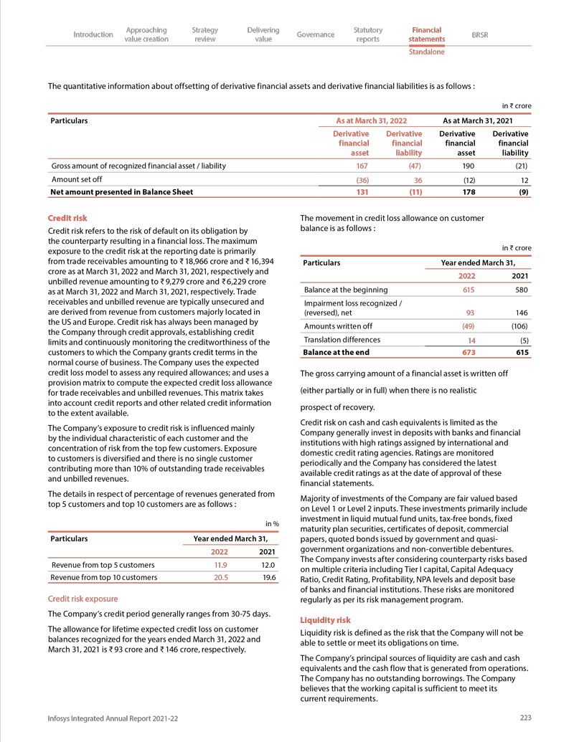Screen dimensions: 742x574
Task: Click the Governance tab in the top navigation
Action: (x=316, y=34)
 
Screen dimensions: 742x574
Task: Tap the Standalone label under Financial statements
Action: (x=426, y=52)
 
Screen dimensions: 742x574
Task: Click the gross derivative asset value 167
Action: (x=362, y=166)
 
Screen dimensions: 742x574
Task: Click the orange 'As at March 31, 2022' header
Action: (x=372, y=120)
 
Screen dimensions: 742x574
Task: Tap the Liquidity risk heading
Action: (x=325, y=619)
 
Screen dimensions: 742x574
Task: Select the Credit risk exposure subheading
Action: (x=83, y=599)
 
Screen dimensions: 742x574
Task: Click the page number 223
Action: (x=525, y=717)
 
